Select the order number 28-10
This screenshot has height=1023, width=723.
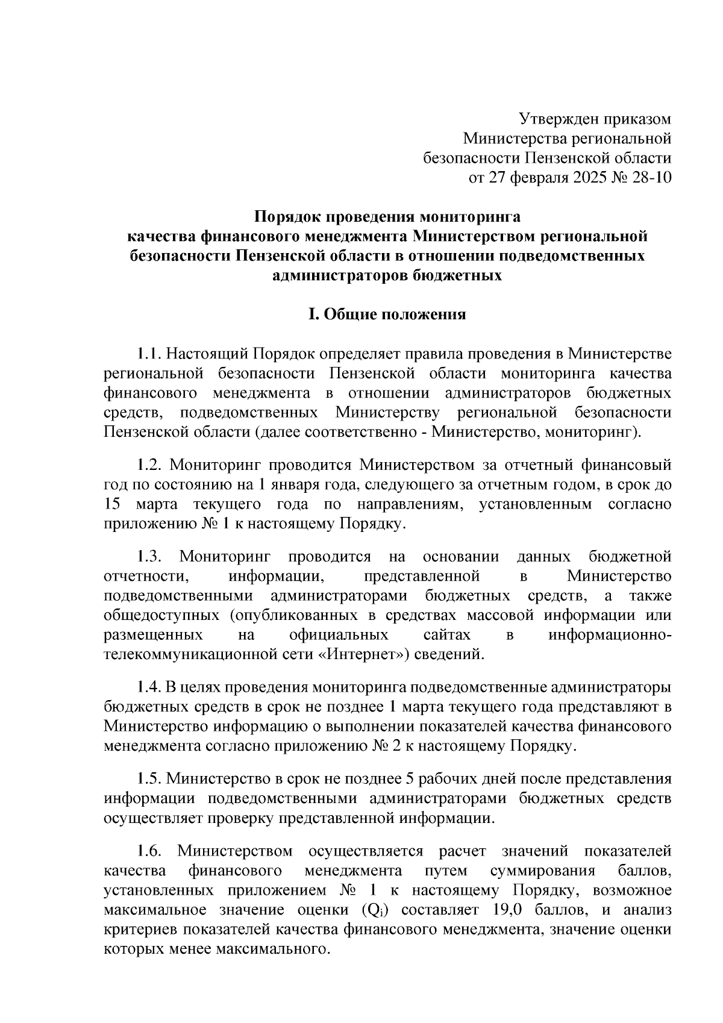click(649, 178)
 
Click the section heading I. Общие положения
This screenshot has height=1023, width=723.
click(387, 314)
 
